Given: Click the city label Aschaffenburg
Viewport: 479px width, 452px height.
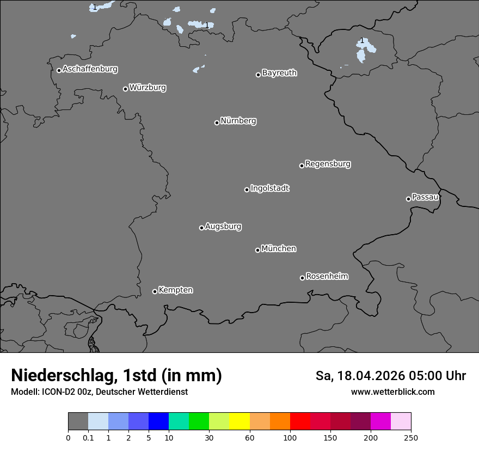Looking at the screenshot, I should coord(90,69).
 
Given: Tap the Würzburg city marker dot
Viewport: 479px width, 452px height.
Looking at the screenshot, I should coord(125,89).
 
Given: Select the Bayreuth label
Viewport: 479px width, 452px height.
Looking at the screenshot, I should coord(279,73).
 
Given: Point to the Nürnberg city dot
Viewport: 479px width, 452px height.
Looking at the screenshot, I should coord(217,123).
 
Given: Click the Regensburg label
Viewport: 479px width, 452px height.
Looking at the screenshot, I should coord(328,164).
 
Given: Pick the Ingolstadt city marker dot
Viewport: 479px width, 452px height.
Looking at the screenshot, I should coord(247,190).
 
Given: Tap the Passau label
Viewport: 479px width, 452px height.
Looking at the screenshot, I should coord(425,197).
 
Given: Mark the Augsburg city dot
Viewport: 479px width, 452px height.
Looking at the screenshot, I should coord(201,228).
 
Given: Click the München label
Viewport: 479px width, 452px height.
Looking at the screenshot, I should coord(279,249).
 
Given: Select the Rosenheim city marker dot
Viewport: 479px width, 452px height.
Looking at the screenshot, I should coord(302,278).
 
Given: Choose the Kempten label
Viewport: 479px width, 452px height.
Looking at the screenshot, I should coord(175,290).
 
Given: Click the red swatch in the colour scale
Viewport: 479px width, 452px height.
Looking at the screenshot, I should coord(300,422).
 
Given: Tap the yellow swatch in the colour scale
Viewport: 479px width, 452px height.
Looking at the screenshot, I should coord(239,422).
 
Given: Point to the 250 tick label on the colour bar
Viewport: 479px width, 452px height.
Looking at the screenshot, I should coord(411,437).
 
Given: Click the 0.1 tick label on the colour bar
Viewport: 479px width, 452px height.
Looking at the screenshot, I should coord(88,437).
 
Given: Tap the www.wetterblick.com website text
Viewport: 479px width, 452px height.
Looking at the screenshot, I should coord(392,392).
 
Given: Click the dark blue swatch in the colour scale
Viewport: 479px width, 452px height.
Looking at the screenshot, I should coord(158,422).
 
